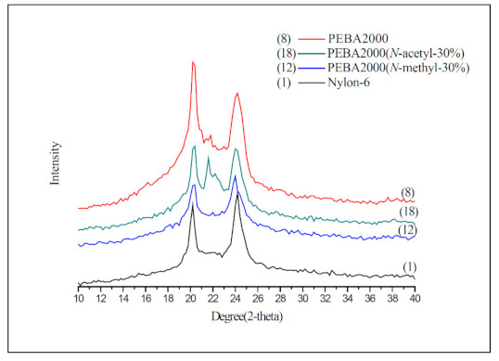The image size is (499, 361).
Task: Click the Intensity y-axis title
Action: pos(55,163)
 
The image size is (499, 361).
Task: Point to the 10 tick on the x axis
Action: pos(79,300)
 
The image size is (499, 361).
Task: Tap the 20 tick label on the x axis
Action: pos(190,300)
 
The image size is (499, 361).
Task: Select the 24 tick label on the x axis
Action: pos(236,300)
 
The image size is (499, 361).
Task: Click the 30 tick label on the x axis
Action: pos(302,300)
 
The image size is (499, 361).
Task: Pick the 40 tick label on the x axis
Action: pos(415,300)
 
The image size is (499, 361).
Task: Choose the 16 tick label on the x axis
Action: pos(146,300)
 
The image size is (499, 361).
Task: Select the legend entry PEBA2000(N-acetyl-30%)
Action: pos(389,56)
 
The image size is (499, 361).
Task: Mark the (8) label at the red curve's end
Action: pos(407,192)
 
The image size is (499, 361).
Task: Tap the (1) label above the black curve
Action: pos(409,267)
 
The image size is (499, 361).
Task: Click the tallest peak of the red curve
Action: pos(192,62)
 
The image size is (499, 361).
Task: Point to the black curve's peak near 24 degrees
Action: pos(237,193)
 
